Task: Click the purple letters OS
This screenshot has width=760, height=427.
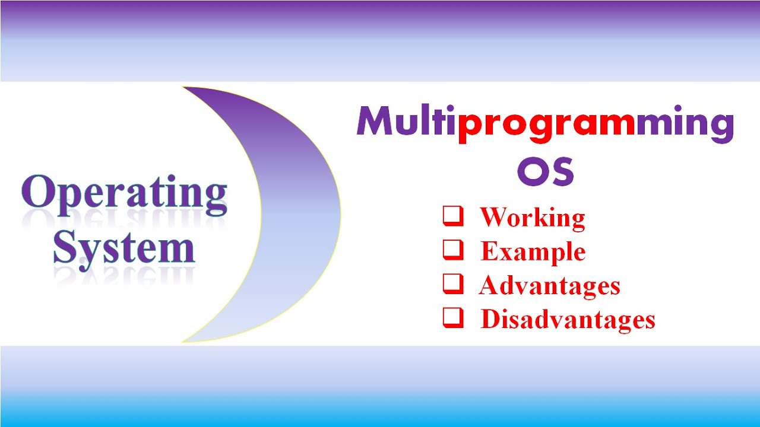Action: [x=546, y=171]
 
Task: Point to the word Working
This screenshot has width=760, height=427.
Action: [x=533, y=218]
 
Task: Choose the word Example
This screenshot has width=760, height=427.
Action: [x=533, y=252]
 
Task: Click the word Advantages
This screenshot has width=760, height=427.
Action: [x=549, y=286]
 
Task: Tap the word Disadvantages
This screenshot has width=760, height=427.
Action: [x=568, y=320]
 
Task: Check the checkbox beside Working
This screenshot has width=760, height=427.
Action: [x=452, y=216]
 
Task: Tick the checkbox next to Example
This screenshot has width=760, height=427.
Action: [x=452, y=250]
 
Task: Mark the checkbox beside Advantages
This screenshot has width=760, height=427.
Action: [x=452, y=285]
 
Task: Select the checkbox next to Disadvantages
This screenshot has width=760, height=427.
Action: [x=452, y=318]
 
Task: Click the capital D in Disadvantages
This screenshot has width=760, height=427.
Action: [x=489, y=320]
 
